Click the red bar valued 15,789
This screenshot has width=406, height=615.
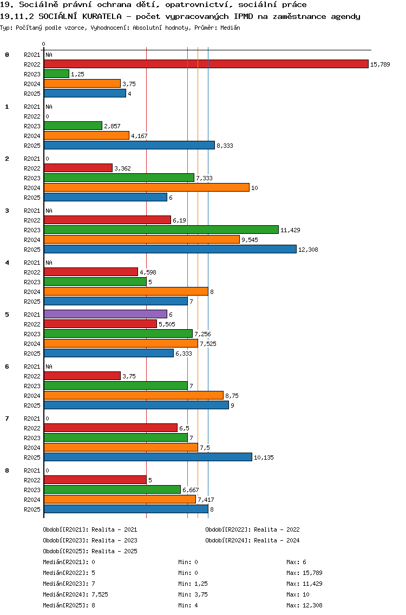pos(206,64)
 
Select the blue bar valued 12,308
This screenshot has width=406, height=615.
pos(170,249)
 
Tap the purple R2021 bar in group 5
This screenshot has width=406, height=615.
pos(105,314)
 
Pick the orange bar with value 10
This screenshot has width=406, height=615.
pos(146,187)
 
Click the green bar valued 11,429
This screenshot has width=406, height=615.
pos(161,230)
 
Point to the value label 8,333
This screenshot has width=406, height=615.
pos(225,146)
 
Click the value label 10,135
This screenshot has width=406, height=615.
pos(264,457)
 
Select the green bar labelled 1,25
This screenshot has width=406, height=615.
pos(56,74)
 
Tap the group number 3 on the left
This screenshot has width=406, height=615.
pos(7,211)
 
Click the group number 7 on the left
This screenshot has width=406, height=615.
pos(7,418)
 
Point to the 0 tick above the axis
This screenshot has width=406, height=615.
pos(44,44)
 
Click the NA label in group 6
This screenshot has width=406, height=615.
pos(49,367)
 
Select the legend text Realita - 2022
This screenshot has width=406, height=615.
pos(277,529)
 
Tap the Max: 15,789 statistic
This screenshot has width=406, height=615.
pos(304,573)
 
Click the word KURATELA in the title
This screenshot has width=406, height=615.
pos(97,16)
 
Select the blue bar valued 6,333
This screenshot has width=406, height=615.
pos(108,353)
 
